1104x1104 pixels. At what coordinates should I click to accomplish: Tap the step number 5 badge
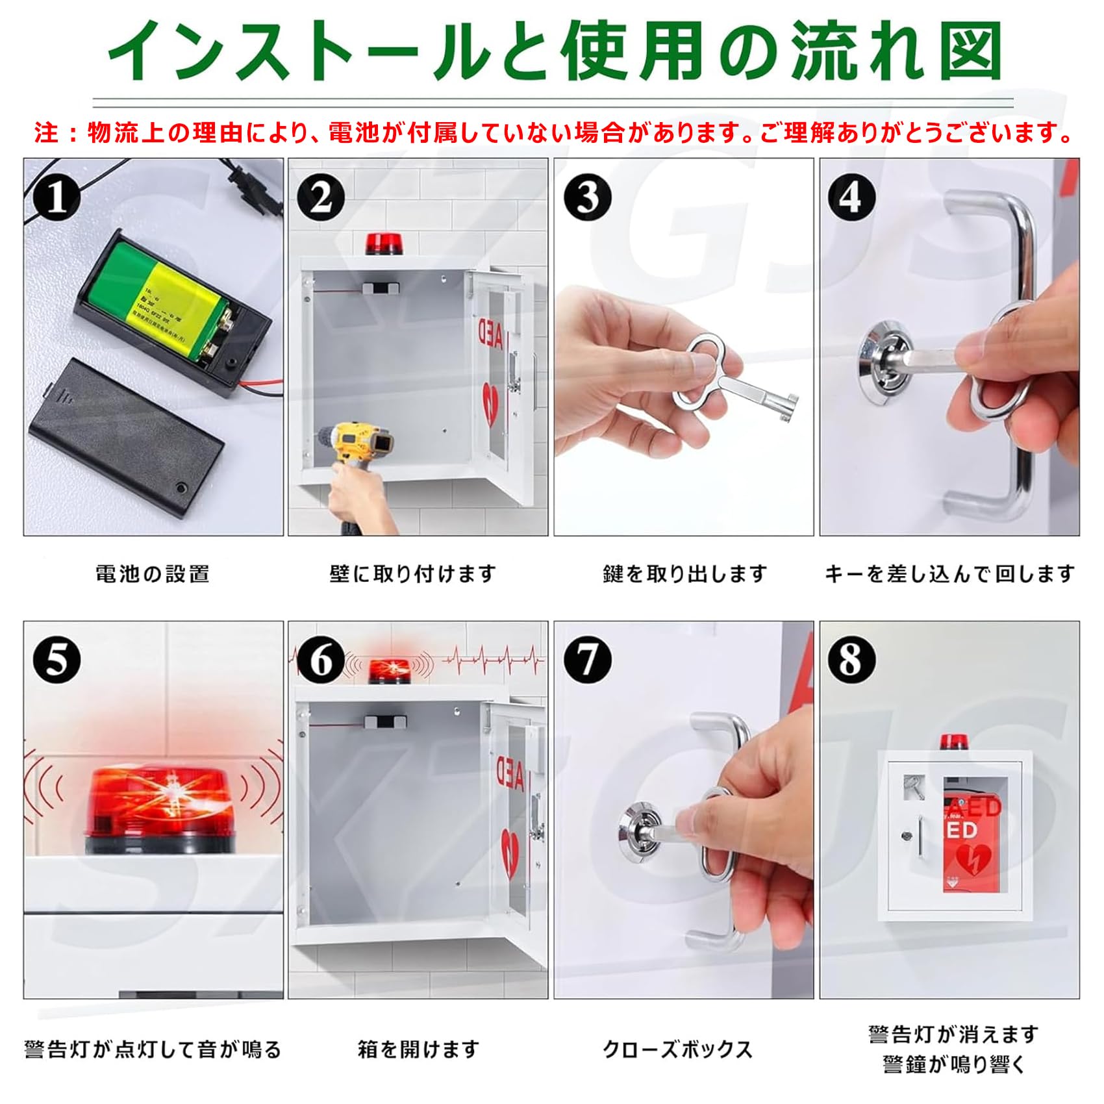click(56, 660)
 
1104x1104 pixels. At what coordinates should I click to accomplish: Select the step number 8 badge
click(851, 660)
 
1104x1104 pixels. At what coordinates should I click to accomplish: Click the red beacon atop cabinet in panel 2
click(382, 244)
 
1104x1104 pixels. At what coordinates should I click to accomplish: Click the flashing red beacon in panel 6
click(388, 670)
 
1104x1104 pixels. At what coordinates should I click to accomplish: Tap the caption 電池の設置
click(153, 574)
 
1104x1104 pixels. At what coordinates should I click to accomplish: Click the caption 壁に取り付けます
click(413, 574)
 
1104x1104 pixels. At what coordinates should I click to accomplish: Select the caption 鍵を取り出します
click(684, 574)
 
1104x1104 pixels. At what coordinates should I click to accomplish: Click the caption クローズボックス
click(678, 1049)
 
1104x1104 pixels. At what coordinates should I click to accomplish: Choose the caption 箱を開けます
click(418, 1049)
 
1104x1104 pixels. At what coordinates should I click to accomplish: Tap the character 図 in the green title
click(971, 51)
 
